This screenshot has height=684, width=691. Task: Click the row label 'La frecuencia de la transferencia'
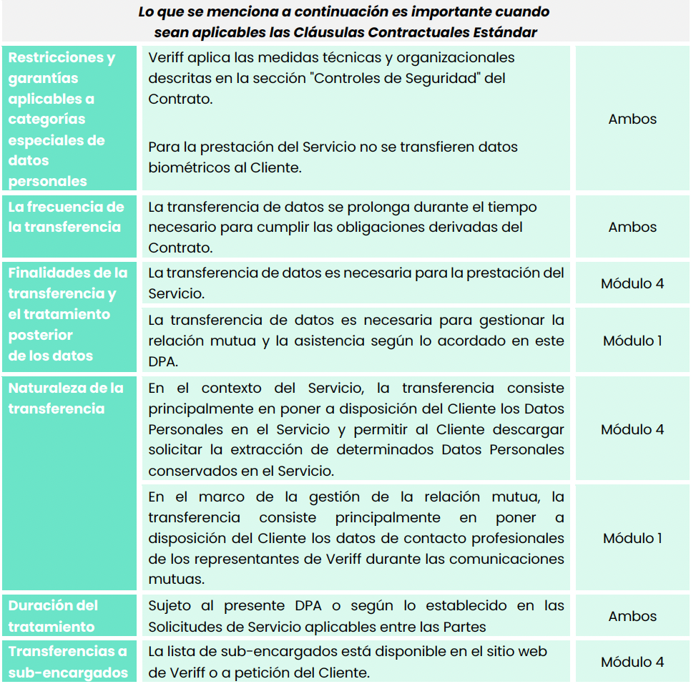click(66, 217)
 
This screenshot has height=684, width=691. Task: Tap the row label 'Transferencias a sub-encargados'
click(68, 662)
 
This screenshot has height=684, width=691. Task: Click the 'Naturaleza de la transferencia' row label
click(66, 399)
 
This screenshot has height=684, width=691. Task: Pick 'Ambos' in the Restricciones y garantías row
click(632, 119)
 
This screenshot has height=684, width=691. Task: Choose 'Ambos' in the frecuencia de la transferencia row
click(632, 227)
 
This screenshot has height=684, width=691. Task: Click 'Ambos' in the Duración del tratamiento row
click(632, 616)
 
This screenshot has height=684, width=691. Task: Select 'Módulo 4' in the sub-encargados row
click(632, 662)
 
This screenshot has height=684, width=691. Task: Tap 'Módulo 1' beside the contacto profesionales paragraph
click(632, 538)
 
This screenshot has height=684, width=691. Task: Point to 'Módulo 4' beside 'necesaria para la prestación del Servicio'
click(632, 283)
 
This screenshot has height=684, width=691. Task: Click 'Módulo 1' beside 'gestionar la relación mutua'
click(632, 341)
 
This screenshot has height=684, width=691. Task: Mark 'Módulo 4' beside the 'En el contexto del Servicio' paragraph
click(632, 429)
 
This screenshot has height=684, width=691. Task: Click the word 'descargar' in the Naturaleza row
click(531, 429)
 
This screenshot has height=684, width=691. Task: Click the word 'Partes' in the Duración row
click(467, 627)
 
